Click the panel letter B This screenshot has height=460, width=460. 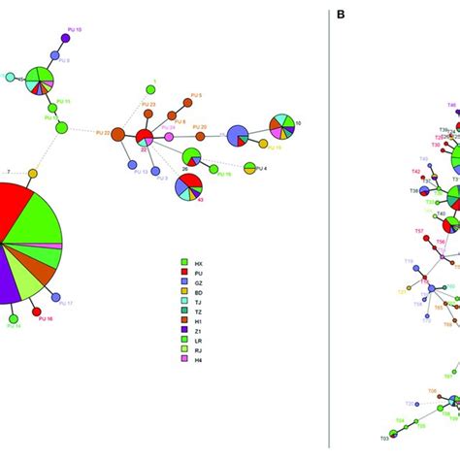coord(341,15)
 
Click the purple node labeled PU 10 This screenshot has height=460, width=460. coord(66,38)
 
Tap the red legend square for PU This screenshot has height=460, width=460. coord(184,272)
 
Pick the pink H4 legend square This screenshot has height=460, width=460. coord(184,359)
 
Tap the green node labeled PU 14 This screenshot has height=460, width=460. coord(14,317)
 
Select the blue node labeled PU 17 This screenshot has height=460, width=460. coord(55,297)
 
